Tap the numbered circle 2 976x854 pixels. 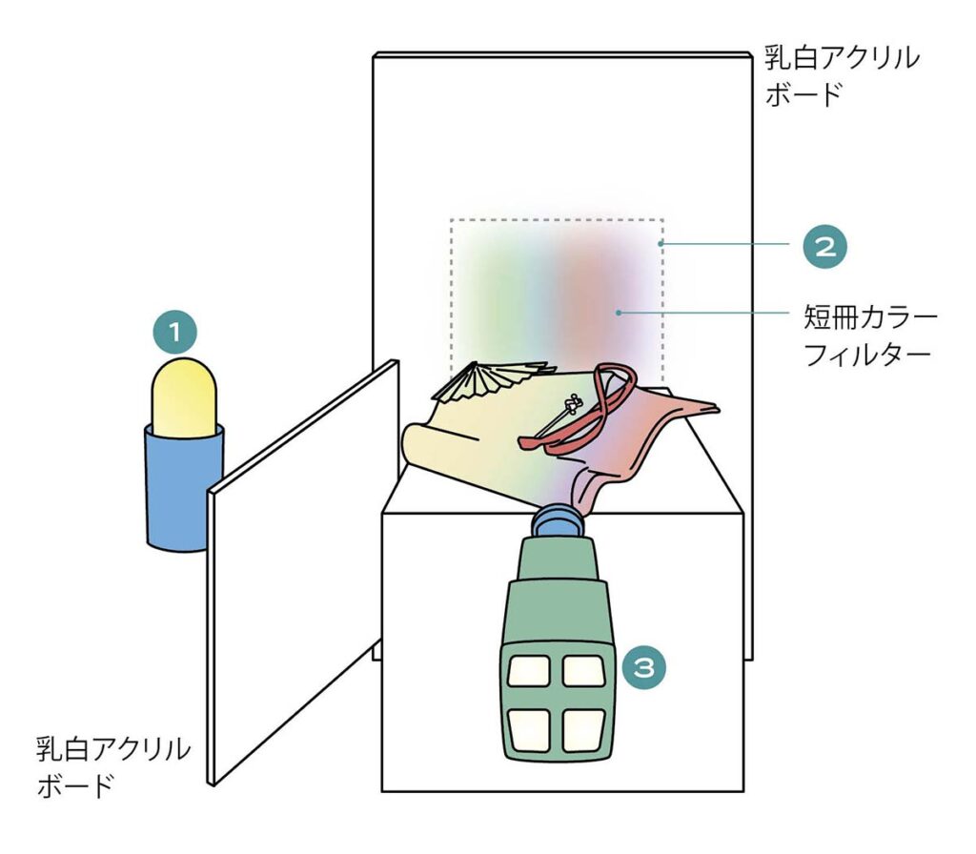pos(824,245)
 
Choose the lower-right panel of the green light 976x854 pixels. pos(584,730)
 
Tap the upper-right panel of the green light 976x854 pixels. pos(584,671)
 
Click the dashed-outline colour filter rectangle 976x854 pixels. pos(557,286)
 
